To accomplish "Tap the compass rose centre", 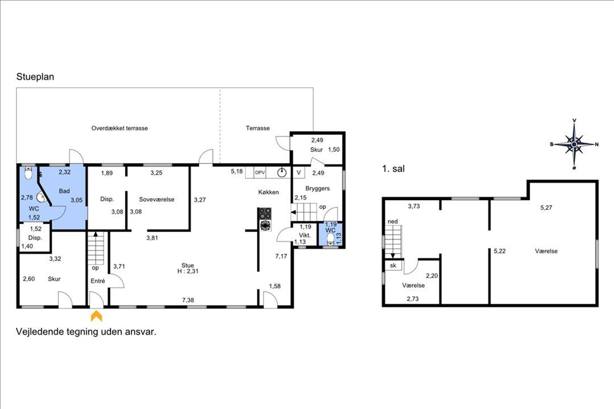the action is (574, 144).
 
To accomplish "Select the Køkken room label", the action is (269, 192).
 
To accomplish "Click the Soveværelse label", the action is (157, 200).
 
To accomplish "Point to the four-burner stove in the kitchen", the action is (265, 214).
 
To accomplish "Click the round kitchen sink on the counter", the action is (282, 173).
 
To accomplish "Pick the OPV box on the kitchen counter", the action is (260, 173).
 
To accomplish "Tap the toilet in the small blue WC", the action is (331, 239).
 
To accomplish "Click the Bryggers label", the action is (317, 188).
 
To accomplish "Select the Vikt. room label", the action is (305, 235).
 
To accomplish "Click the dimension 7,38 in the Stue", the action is (188, 300).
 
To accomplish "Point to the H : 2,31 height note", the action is (188, 271).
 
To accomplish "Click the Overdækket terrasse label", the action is (119, 128).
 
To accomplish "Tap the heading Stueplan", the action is (35, 77).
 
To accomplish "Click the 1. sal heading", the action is (393, 169).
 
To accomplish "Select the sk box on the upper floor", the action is (393, 266).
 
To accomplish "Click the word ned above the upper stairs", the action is (393, 221).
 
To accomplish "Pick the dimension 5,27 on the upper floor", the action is (546, 208).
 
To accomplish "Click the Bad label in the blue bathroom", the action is (64, 191).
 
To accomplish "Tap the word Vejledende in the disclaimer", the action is (40, 332).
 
